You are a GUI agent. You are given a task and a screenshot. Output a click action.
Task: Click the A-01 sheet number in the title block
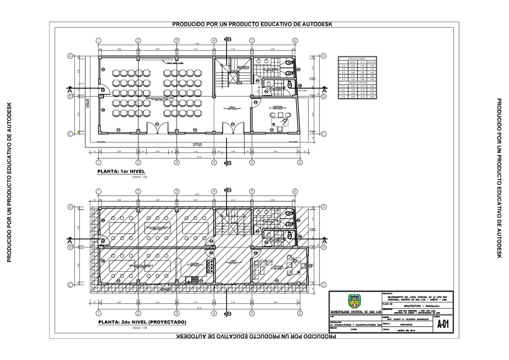[443, 325]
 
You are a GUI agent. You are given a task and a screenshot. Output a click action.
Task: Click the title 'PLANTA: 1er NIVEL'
[122, 172]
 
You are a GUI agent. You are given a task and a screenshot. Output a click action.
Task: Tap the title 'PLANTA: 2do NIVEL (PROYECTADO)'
[142, 322]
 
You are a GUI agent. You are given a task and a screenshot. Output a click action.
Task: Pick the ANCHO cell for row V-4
[353, 76]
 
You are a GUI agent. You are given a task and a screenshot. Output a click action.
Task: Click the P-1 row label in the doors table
[344, 86]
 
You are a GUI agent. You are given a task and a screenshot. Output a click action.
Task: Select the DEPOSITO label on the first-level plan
[243, 67]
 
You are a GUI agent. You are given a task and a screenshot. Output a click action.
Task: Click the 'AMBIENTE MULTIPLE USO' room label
[160, 98]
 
